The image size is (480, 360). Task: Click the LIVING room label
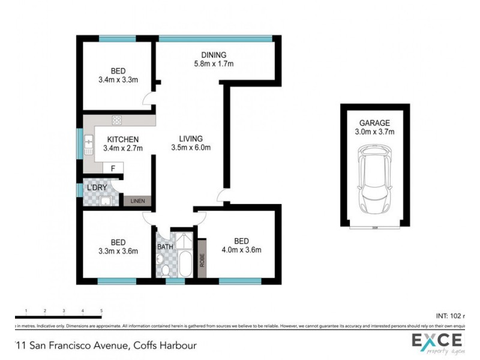click(190, 138)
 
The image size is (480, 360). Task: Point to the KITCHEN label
click(123, 140)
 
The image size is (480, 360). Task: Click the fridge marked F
click(113, 168)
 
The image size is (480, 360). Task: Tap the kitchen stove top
click(116, 119)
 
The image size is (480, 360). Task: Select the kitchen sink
click(89, 143)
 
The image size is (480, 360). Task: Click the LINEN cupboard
click(138, 201)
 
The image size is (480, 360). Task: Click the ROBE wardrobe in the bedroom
click(202, 258)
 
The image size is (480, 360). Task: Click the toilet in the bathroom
click(159, 259)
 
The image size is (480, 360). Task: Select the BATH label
click(165, 247)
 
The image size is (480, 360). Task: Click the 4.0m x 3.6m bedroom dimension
click(241, 251)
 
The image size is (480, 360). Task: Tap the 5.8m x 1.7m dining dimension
click(213, 64)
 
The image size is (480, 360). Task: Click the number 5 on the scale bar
click(101, 311)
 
